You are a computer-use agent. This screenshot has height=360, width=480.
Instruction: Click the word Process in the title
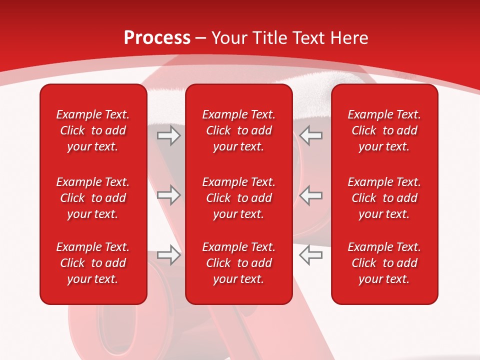[157, 38]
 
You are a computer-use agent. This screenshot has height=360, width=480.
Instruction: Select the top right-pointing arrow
[168, 135]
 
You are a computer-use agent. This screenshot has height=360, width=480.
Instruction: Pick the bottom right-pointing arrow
[168, 254]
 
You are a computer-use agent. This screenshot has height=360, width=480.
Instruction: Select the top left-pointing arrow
[310, 135]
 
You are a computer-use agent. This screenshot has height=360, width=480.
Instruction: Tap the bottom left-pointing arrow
[310, 254]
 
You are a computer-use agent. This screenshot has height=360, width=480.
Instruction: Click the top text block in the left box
[93, 130]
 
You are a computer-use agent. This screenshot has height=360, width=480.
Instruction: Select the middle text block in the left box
[93, 198]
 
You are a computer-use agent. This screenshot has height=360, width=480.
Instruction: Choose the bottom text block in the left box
[93, 263]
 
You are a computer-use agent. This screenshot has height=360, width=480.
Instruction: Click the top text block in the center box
[238, 130]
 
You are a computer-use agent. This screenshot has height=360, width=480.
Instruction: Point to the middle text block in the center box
[238, 198]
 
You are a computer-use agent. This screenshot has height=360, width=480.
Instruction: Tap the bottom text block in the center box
[238, 263]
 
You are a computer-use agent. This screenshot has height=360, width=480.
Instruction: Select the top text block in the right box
[384, 130]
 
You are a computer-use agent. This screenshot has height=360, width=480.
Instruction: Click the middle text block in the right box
[384, 198]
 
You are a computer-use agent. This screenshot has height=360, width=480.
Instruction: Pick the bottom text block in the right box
[384, 263]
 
